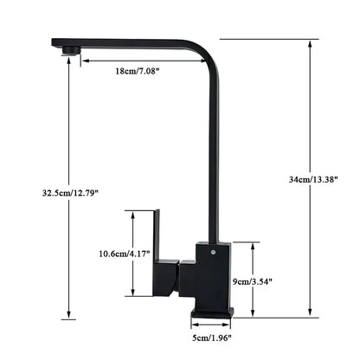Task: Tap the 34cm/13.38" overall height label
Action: point(312,179)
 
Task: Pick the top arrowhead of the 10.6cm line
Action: point(132,213)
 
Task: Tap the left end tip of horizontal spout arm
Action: point(55,41)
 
